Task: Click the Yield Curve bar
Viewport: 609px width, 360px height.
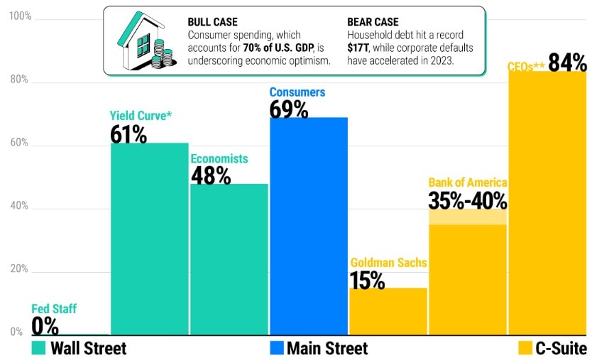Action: click(148, 238)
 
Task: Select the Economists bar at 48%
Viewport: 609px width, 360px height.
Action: click(229, 258)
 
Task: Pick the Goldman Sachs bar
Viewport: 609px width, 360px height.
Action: click(388, 310)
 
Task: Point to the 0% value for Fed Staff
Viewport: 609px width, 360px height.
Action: click(44, 325)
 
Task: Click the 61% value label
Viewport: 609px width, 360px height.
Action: click(128, 133)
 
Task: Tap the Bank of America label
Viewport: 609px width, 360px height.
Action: click(467, 182)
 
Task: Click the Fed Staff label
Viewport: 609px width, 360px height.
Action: click(54, 309)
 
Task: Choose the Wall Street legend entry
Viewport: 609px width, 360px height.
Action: click(79, 348)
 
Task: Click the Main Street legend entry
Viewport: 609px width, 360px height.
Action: click(318, 348)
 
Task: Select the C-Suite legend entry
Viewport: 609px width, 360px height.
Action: click(553, 348)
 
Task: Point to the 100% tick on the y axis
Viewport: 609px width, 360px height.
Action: click(19, 16)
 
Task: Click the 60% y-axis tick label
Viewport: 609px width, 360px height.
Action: click(19, 142)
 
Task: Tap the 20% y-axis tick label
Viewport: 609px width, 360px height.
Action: click(19, 269)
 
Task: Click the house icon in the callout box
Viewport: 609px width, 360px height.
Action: click(146, 42)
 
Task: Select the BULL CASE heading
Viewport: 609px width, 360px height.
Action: click(212, 22)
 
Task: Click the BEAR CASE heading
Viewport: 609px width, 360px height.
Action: click(373, 22)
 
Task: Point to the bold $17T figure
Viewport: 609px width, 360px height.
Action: click(361, 48)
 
